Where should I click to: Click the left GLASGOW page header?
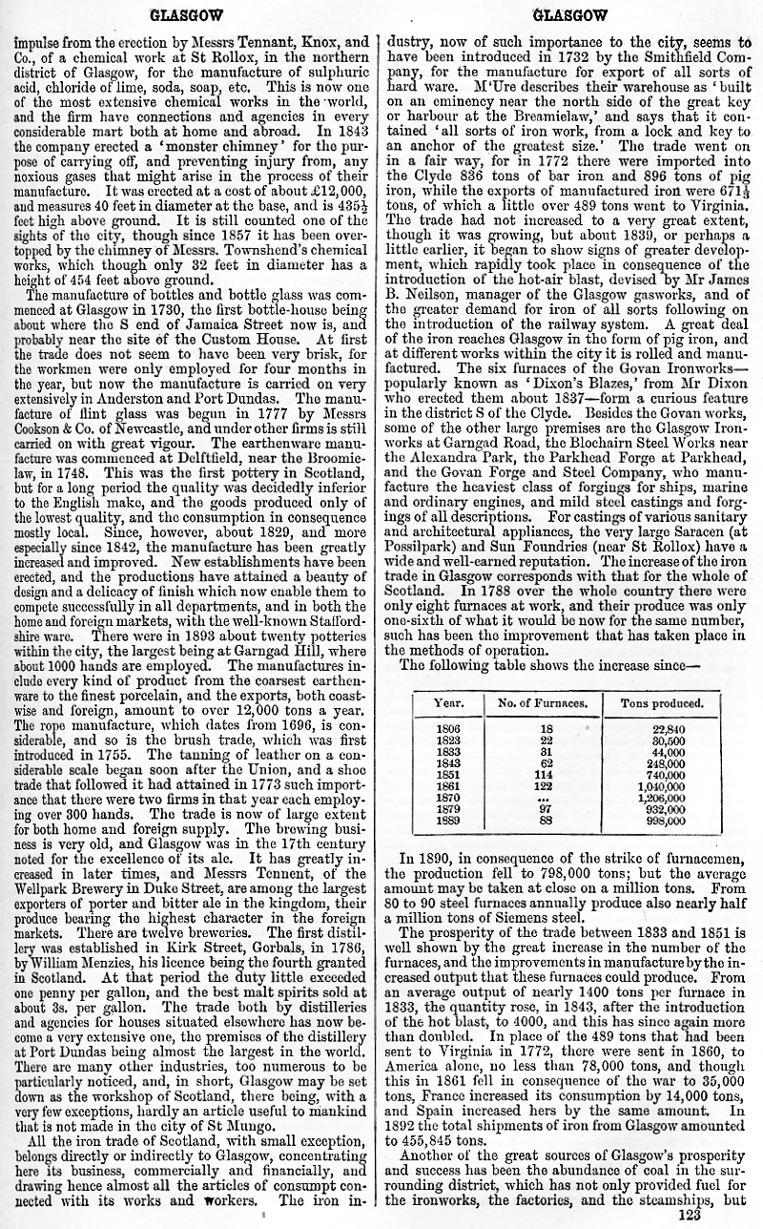[x=187, y=15]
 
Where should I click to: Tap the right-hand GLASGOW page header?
[x=569, y=15]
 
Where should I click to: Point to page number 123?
[x=689, y=1215]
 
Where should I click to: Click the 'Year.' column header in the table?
[x=448, y=704]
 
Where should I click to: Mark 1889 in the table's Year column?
[x=448, y=820]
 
